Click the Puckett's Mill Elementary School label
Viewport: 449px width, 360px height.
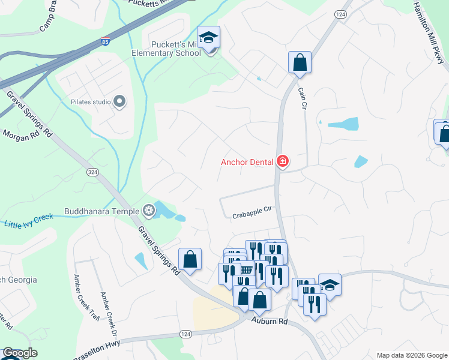(171, 47)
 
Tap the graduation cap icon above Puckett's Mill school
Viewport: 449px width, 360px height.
(208, 38)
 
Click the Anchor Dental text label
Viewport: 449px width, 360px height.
(247, 161)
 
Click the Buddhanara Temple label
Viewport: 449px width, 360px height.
(101, 211)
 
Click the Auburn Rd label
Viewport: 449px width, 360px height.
(270, 322)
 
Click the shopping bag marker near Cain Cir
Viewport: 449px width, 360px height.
(300, 62)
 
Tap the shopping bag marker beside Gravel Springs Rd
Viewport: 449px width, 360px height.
(190, 260)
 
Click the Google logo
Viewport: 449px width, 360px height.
(19, 353)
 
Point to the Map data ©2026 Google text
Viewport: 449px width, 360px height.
(411, 355)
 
